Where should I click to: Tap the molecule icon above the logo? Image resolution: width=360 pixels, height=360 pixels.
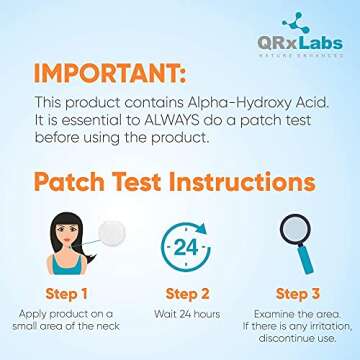click(297, 22)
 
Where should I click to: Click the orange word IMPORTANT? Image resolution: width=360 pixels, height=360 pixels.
click(112, 73)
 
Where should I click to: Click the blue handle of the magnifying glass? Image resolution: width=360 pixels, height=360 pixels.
click(305, 262)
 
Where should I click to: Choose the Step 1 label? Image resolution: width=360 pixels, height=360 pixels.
click(66, 294)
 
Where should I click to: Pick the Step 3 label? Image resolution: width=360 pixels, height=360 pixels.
click(297, 294)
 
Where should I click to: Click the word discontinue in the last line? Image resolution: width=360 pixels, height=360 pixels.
click(285, 339)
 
